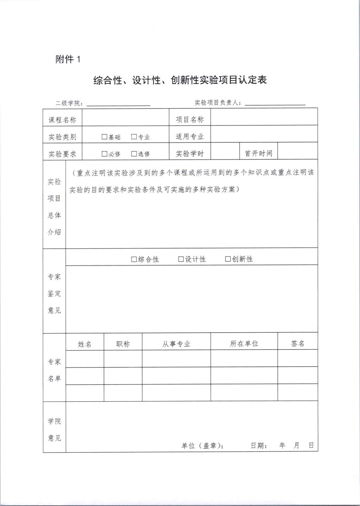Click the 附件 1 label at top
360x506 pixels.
[x=68, y=59]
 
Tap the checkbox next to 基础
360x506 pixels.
[x=104, y=137]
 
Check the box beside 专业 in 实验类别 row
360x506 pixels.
[x=134, y=137]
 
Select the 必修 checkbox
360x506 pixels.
[x=104, y=154]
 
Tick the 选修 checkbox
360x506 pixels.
[x=134, y=154]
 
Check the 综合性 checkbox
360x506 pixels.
[x=134, y=259]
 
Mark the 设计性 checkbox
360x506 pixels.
[x=181, y=259]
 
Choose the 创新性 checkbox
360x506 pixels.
[x=228, y=259]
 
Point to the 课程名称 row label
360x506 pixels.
[x=62, y=120]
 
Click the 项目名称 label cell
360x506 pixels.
[x=190, y=120]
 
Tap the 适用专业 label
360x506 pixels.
[x=190, y=136]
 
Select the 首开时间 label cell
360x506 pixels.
[x=258, y=153]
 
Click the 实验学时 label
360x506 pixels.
[x=190, y=154]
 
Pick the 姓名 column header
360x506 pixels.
[x=85, y=344]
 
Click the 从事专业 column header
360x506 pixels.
[x=176, y=344]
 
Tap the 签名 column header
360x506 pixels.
[x=297, y=344]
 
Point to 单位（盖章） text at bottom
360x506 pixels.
[x=202, y=446]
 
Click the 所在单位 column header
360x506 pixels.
[x=244, y=344]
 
